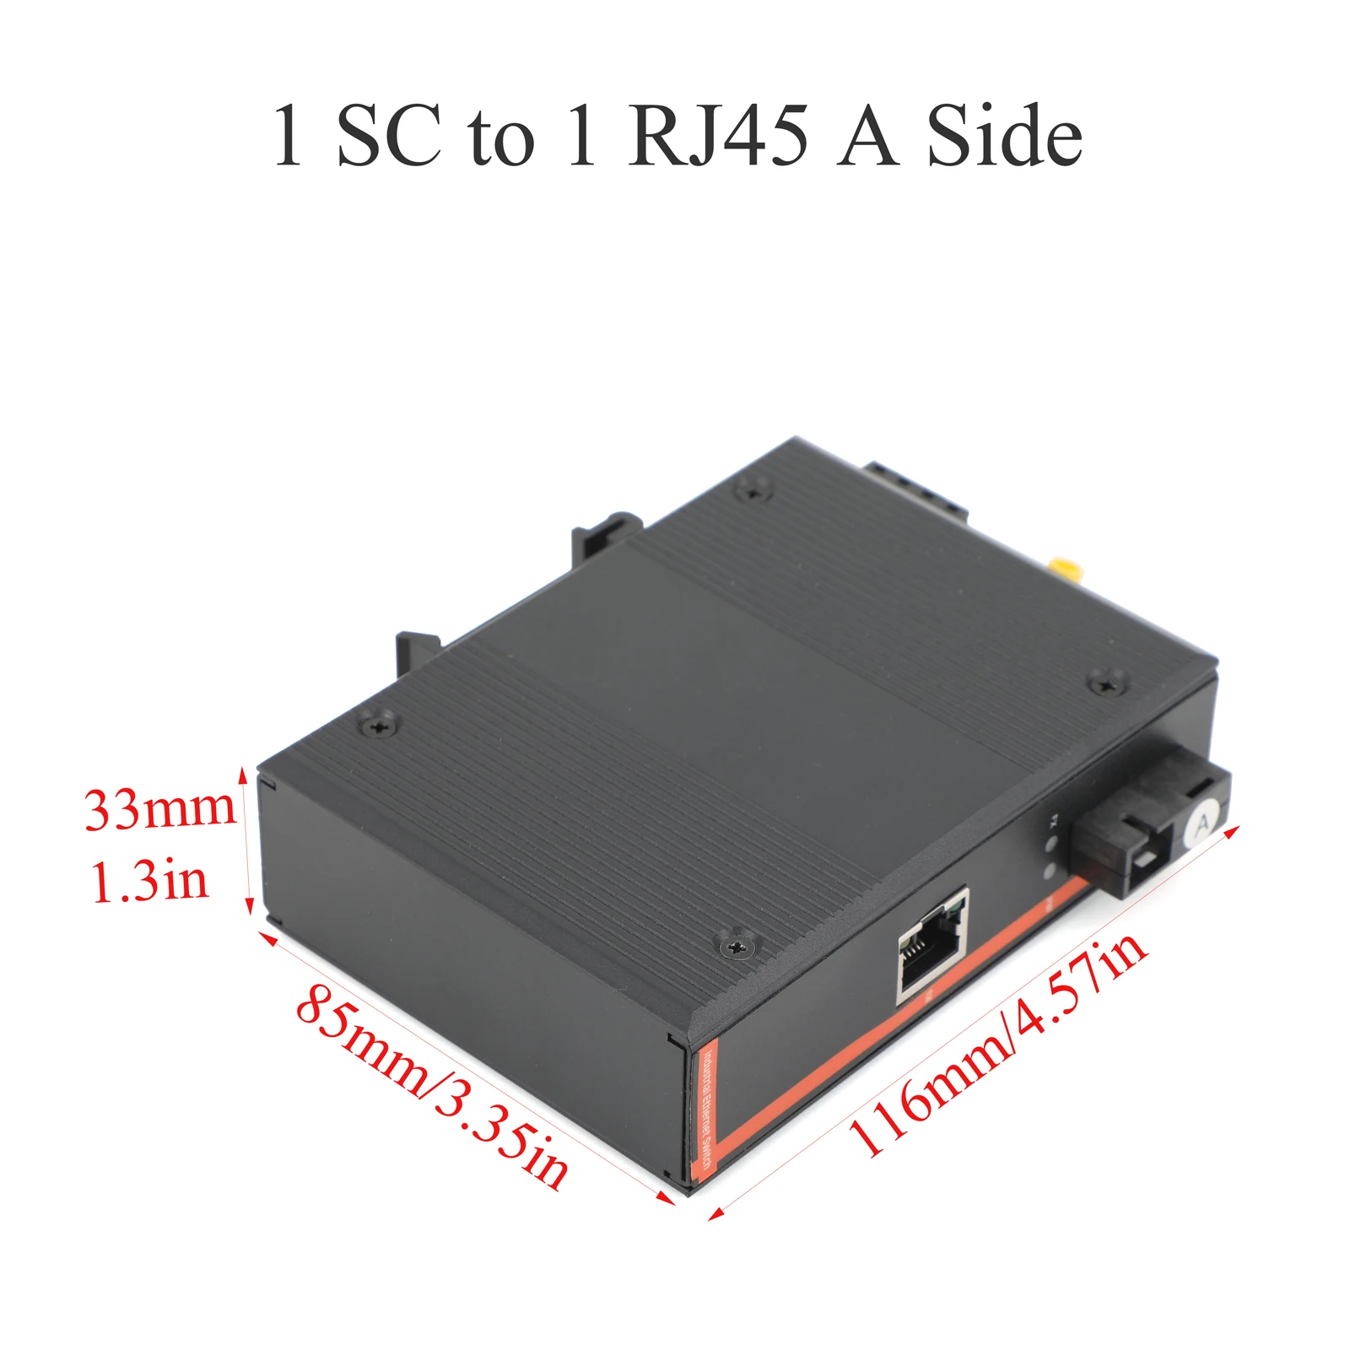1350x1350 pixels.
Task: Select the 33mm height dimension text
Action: pyautogui.click(x=160, y=808)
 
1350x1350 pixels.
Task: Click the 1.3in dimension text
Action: pyautogui.click(x=149, y=881)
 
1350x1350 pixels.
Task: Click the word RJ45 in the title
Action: pyautogui.click(x=717, y=135)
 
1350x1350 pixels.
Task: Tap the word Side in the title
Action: pyautogui.click(x=1004, y=135)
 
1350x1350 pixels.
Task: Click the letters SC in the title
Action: pyautogui.click(x=388, y=135)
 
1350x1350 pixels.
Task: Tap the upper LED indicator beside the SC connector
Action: pyautogui.click(x=1051, y=846)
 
